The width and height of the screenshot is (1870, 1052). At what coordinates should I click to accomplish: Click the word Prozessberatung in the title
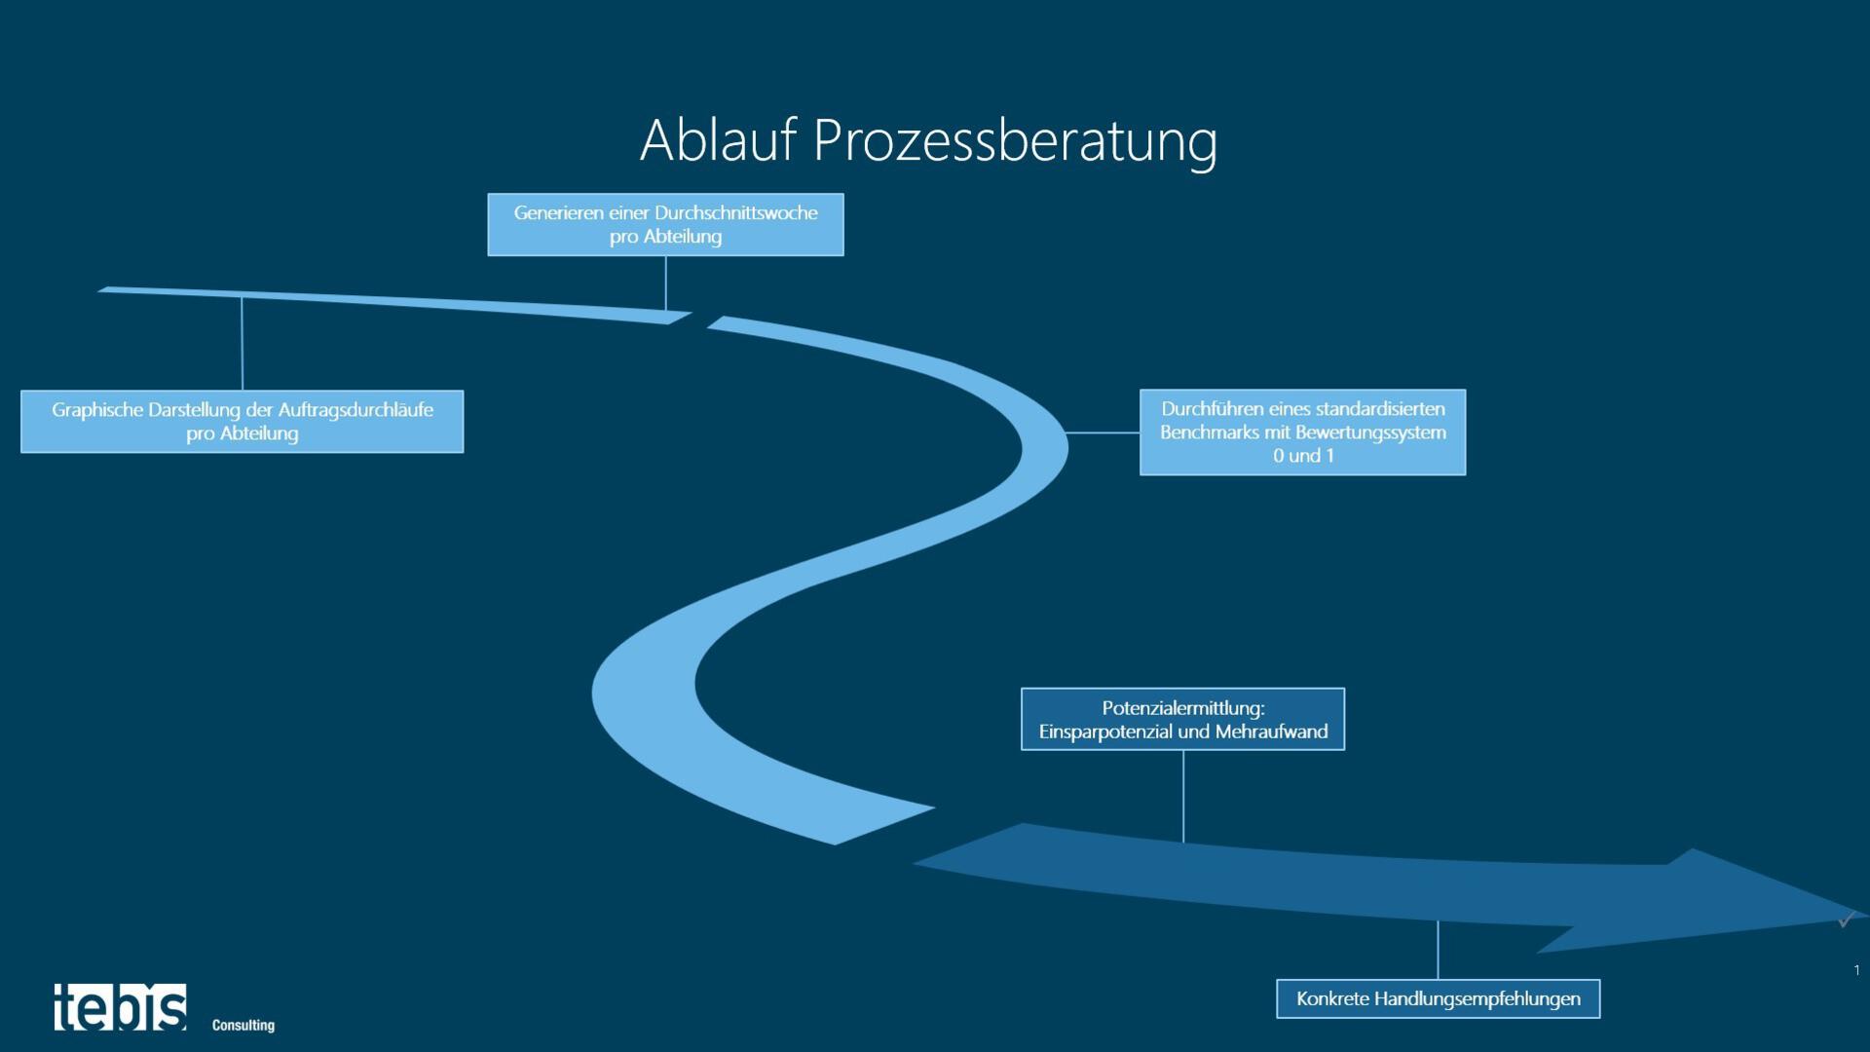coord(1015,142)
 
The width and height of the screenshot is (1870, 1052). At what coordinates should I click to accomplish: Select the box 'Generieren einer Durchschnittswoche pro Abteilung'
coord(665,225)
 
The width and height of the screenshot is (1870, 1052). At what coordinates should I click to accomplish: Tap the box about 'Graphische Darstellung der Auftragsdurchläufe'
coord(242,422)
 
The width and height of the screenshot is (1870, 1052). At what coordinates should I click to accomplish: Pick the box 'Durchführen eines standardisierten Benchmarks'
coord(1302,432)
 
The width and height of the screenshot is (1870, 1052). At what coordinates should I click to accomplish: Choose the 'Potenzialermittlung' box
coord(1182,720)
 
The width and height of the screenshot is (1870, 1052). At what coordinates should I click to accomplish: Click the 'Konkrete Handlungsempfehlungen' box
coord(1438,999)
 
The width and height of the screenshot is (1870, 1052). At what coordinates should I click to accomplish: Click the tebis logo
coord(120,1007)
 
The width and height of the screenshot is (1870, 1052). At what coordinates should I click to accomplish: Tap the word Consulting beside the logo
coord(243,1025)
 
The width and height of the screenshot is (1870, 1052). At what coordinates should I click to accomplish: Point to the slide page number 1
coord(1856,970)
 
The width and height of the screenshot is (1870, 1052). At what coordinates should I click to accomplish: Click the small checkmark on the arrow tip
coord(1844,920)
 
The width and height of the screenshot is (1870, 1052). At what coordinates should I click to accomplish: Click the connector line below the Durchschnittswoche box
coord(666,283)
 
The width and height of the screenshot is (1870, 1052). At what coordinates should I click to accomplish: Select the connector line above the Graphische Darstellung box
coord(242,343)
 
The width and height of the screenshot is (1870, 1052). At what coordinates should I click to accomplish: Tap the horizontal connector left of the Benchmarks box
coord(1103,432)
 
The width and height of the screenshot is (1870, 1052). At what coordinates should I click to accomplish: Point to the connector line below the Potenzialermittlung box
coord(1183,795)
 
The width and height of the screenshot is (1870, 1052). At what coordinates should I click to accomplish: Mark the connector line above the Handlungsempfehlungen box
coord(1438,950)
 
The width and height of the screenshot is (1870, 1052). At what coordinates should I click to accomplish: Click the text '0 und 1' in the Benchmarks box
coord(1303,456)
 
